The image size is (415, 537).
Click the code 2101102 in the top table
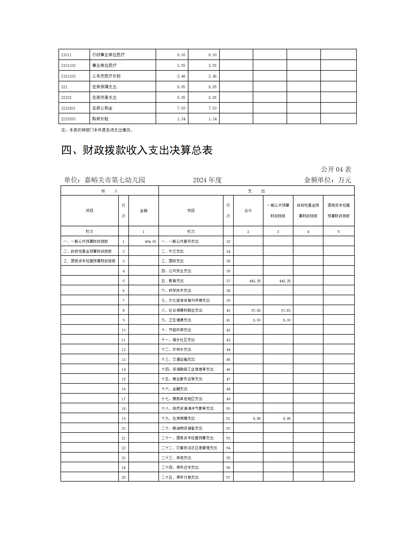tap(68, 66)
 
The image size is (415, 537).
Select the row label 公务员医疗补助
tap(106, 76)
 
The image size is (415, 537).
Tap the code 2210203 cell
tap(68, 119)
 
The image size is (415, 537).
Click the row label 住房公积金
tap(102, 108)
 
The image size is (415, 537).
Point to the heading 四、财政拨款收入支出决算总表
tap(137, 150)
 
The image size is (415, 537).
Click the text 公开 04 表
tap(336, 169)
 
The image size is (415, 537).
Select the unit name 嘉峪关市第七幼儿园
tap(114, 180)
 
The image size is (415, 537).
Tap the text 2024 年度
tap(207, 180)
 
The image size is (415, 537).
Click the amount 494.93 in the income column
tap(150, 242)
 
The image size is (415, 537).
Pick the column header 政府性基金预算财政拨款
tap(308, 211)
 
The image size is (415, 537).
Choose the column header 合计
tap(248, 211)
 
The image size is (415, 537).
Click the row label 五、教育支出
tap(172, 281)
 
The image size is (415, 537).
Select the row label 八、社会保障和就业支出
tap(182, 310)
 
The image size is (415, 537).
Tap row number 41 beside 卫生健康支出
tap(228, 320)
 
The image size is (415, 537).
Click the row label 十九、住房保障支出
tap(178, 419)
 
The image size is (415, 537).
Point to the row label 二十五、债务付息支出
tap(180, 478)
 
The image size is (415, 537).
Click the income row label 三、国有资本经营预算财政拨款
tap(90, 261)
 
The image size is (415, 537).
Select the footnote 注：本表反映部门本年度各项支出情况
tap(97, 130)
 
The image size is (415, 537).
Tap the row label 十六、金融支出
tap(174, 389)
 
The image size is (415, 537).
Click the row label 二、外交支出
tap(172, 251)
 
